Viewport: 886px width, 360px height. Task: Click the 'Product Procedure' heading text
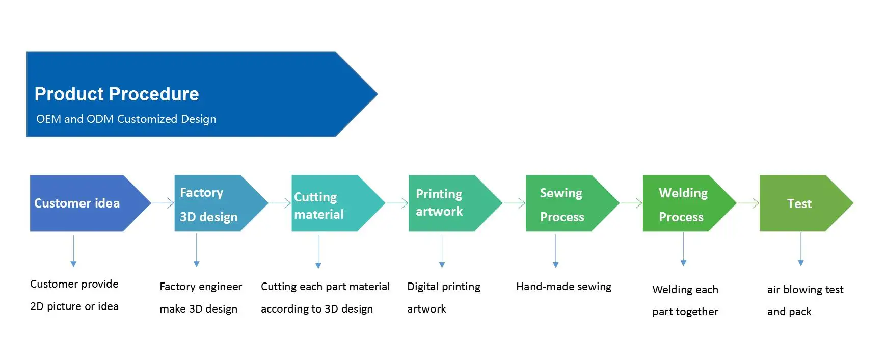click(117, 94)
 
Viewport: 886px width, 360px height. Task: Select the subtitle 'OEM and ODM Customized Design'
click(126, 119)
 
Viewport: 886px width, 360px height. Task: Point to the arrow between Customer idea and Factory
click(163, 203)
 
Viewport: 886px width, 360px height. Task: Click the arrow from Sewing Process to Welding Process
click(631, 203)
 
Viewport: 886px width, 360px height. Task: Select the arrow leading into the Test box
click(748, 203)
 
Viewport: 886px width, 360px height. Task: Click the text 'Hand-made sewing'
click(563, 287)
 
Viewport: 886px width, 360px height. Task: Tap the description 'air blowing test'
click(805, 290)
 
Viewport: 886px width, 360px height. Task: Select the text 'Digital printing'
click(443, 287)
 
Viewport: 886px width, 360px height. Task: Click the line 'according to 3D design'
click(317, 309)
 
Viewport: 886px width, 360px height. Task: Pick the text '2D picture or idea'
click(74, 306)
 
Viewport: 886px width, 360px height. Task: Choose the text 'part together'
click(685, 312)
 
